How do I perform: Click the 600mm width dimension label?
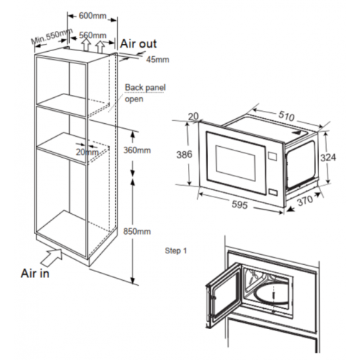coord(93,16)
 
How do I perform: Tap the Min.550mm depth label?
coord(52,36)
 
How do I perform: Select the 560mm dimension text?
coord(93,35)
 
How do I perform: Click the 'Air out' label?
coord(138,44)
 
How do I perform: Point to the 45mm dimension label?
coord(158,60)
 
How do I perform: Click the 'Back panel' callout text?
coord(145,87)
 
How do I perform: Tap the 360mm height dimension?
coord(137,150)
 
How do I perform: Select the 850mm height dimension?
coord(137,231)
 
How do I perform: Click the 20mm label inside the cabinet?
coord(87,152)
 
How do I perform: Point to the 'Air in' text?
coord(35,274)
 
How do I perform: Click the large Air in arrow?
coord(52,257)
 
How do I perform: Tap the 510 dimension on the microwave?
coord(287,116)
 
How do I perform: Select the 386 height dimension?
coord(184,155)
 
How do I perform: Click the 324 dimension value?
coord(328,158)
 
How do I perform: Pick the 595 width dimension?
coord(240,204)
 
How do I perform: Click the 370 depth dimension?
coord(305,201)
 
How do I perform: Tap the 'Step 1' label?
coord(176,251)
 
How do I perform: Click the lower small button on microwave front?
coord(272,192)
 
